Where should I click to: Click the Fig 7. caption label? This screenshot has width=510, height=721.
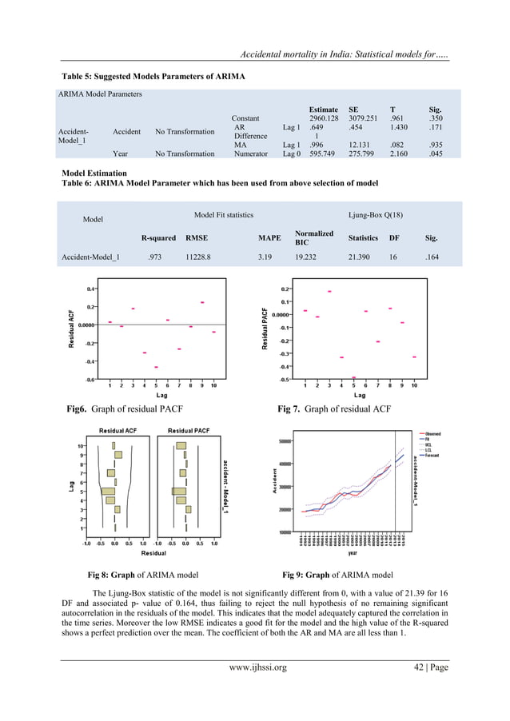click(293, 409)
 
